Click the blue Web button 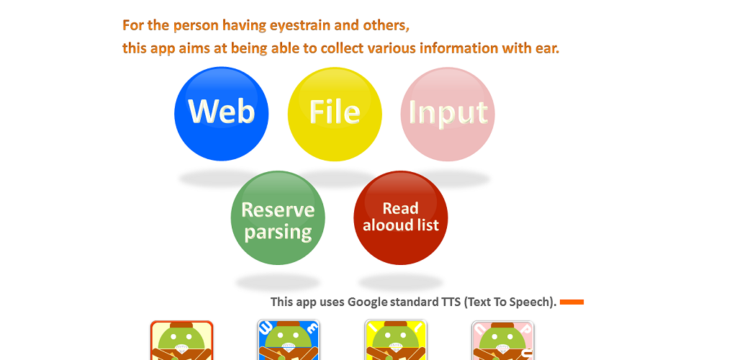(222, 114)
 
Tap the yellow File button (335, 114)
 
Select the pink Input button (448, 114)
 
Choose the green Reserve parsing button (278, 218)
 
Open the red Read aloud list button (400, 218)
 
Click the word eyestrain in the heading (300, 25)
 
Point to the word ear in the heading (547, 48)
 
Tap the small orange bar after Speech (571, 302)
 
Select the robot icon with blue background (289, 340)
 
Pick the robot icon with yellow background (396, 340)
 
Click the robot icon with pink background (503, 341)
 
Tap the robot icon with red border (181, 341)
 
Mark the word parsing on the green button (279, 232)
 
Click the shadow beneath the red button (400, 283)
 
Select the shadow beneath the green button (278, 283)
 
